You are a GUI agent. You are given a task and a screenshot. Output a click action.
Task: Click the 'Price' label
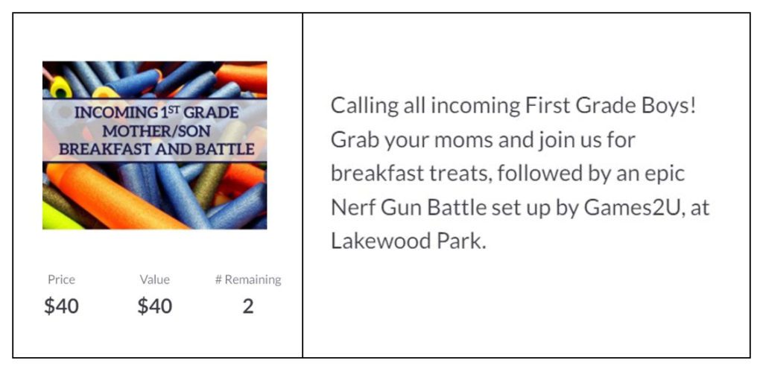pos(61,280)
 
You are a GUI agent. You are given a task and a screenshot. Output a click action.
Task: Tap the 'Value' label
pos(155,280)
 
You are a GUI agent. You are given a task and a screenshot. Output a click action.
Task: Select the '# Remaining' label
pos(248,280)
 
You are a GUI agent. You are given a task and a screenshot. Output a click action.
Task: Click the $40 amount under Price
pos(61,306)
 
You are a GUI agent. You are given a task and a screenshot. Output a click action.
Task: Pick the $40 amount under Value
pos(155,306)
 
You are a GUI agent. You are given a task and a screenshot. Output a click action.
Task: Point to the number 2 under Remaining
pos(248,306)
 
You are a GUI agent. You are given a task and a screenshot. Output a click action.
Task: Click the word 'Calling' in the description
pos(364,107)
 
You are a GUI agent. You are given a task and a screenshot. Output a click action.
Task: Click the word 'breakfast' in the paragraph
pos(377,174)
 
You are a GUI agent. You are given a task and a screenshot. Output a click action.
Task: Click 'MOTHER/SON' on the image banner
pos(156,131)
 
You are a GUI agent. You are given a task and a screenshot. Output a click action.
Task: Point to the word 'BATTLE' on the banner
pos(225,149)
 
